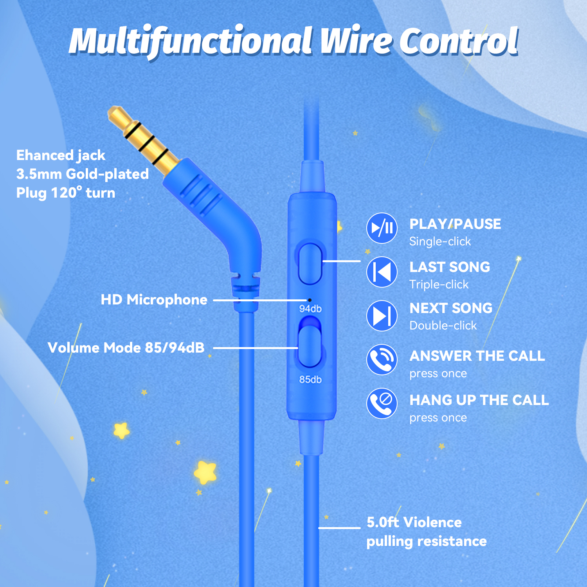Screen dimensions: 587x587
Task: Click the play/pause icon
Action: point(382,228)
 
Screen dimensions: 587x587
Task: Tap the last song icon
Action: point(382,272)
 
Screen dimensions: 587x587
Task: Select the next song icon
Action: point(382,315)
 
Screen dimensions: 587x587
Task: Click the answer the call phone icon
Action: point(382,359)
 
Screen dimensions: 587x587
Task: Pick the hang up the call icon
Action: point(382,403)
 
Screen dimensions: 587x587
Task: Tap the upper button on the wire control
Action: point(310,263)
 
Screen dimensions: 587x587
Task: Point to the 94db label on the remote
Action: point(310,309)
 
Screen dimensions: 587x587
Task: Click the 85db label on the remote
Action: point(310,379)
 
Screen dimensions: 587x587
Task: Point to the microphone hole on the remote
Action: point(310,300)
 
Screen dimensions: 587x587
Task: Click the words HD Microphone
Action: point(154,300)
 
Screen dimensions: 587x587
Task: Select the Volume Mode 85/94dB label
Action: point(126,348)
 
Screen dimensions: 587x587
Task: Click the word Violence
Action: point(432,522)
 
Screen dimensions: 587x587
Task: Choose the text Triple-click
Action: point(439,284)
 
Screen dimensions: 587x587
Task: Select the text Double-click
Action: point(443,326)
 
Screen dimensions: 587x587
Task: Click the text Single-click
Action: point(440,241)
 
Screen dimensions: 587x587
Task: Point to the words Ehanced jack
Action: point(61,155)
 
